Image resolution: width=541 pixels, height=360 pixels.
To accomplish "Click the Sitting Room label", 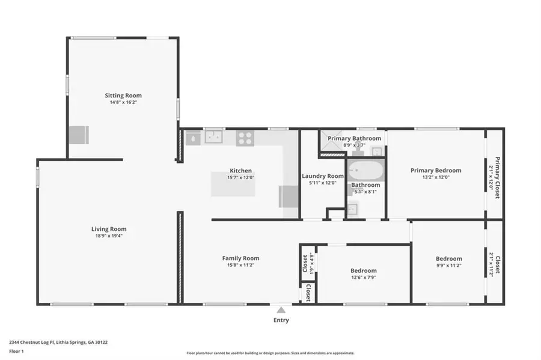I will point(123,96).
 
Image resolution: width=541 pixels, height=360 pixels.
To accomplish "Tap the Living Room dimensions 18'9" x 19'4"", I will point(109,236).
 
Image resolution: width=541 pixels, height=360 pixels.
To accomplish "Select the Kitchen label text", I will point(240,171).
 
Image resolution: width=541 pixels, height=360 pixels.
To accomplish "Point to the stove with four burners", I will point(244,138).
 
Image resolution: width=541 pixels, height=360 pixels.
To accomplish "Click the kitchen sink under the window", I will point(213,138).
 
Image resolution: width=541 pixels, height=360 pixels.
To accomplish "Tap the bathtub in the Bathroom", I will point(365,172).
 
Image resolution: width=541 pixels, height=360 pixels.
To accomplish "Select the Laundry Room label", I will point(323,176).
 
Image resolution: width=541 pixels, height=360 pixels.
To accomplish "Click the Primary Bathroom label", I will point(354,138).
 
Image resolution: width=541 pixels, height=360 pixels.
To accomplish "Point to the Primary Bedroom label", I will point(436,171).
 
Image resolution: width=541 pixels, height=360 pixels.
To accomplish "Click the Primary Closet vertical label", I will point(498,174).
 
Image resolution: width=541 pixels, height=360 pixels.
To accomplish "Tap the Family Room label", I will point(240,258).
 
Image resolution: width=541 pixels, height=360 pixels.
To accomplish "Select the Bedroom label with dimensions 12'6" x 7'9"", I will point(364,271).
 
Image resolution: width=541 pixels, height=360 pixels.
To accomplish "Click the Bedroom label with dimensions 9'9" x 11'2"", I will point(448,259).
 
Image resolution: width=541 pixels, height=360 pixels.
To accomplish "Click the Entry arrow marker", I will point(281,310).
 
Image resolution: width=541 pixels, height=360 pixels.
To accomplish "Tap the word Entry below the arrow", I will point(281,320).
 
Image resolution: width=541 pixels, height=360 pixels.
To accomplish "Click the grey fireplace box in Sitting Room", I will point(78,135).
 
